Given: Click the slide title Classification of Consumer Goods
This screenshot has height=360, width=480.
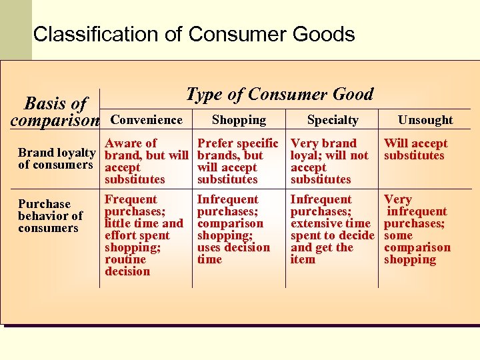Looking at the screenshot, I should tap(193, 34).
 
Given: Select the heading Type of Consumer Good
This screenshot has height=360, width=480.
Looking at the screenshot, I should tap(279, 94).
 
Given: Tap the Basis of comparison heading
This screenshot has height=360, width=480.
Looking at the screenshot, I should tap(55, 111).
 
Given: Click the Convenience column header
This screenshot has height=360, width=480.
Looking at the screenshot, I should tap(146, 120).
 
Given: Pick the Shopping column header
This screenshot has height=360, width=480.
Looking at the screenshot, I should tap(239, 120).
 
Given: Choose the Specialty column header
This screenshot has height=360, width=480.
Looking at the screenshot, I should tap(333, 120).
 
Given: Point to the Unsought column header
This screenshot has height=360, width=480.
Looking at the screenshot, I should tap(425, 120).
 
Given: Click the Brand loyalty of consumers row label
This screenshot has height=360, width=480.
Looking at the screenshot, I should tap(57, 159).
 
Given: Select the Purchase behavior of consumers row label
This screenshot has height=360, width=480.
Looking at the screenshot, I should tap(50, 216).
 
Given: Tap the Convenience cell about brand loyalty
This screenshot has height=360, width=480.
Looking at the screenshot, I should tap(147, 161).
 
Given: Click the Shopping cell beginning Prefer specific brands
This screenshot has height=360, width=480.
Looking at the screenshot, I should tap(238, 161).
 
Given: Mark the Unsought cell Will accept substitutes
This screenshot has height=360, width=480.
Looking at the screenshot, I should tap(415, 149).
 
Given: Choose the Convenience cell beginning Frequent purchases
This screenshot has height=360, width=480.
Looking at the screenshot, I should tap(143, 235).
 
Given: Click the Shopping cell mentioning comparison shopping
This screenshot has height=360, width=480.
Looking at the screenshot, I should tap(233, 229).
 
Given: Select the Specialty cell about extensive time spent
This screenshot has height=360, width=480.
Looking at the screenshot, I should tap(331, 229).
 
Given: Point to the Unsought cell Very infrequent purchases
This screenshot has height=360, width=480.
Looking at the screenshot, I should tap(417, 229).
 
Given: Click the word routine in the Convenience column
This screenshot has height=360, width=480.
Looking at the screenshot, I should tap(125, 259).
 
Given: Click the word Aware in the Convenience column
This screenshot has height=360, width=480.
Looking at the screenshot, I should tap(123, 143).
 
